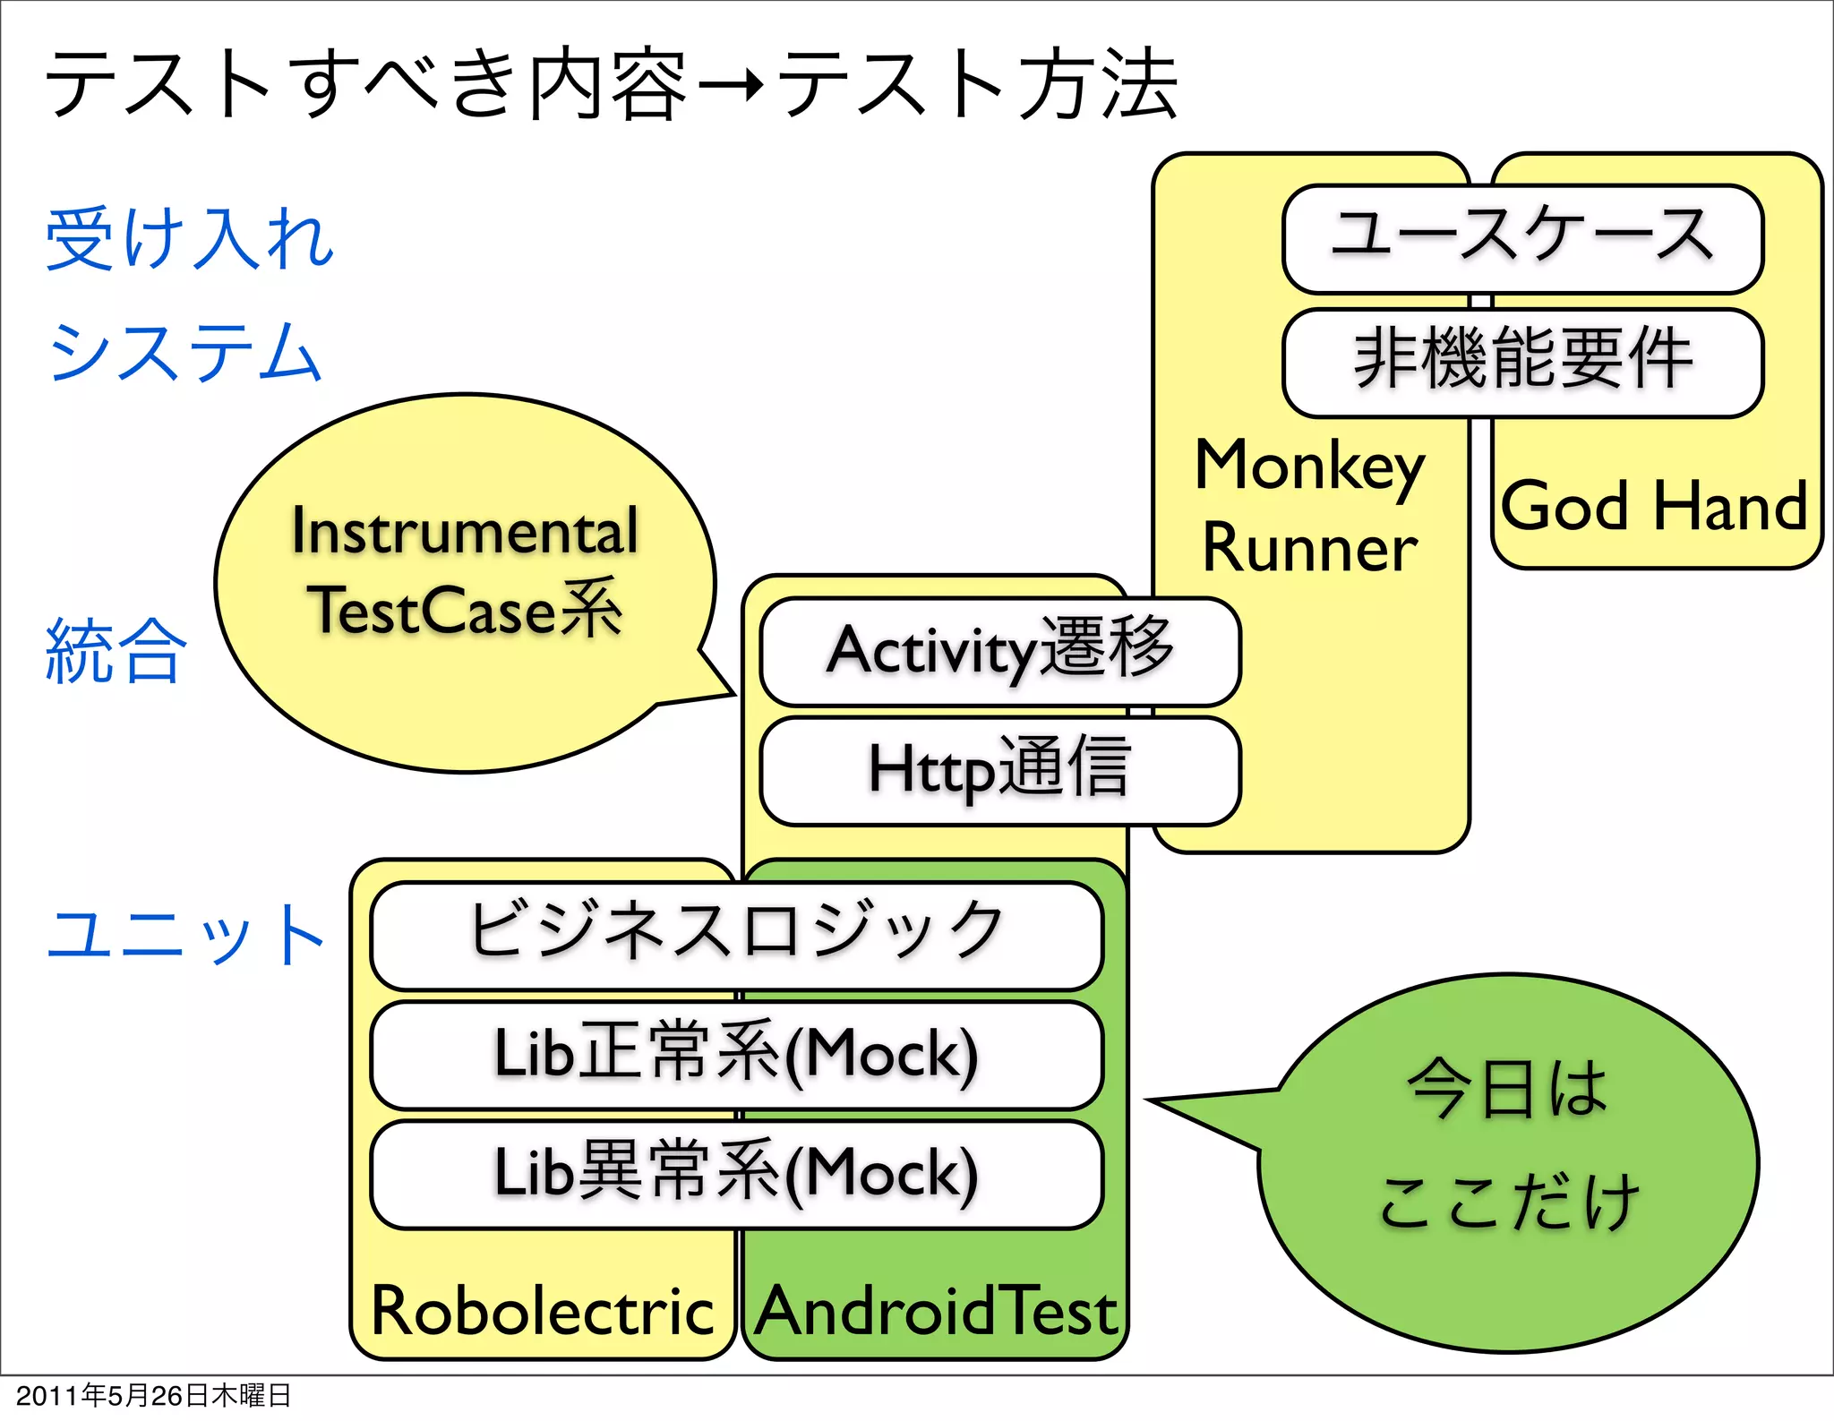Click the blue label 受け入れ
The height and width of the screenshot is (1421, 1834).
point(190,238)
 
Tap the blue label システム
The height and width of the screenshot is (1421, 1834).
point(184,352)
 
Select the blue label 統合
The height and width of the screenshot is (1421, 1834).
point(116,651)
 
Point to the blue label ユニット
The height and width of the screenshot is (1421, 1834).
point(185,934)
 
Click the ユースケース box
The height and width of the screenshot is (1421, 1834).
point(1522,238)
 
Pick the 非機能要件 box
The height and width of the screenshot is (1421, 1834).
point(1522,362)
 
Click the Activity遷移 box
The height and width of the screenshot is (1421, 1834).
point(999,651)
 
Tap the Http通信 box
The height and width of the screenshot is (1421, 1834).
point(999,770)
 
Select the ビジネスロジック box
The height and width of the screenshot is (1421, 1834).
point(736,934)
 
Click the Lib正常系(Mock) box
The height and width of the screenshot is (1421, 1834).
point(736,1054)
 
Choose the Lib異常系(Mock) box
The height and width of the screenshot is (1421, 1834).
point(736,1174)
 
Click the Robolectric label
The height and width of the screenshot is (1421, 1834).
point(542,1310)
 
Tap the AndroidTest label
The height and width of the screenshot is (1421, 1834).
point(936,1310)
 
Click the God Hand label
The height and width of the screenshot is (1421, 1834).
point(1654,506)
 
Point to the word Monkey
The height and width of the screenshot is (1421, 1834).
point(1309,467)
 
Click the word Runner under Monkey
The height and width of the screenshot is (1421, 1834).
point(1309,548)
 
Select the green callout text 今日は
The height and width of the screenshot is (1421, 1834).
point(1507,1090)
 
